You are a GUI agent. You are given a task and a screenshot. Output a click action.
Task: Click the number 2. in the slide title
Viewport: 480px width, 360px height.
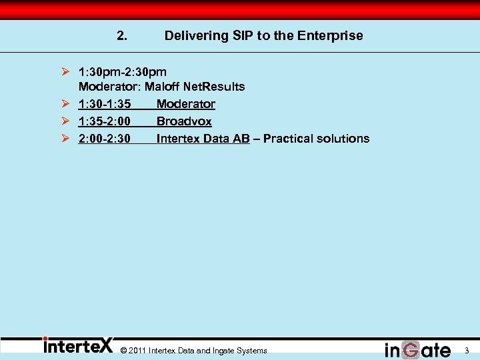point(122,36)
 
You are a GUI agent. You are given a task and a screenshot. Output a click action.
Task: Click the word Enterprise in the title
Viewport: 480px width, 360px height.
point(331,36)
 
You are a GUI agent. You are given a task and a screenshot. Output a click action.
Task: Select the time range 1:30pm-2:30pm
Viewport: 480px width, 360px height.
point(123,71)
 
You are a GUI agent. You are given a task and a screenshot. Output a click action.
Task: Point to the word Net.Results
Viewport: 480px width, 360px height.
point(214,87)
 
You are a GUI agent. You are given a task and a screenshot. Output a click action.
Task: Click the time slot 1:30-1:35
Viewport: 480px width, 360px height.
point(104,104)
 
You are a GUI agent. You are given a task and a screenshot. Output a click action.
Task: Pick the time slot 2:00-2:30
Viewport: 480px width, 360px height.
point(104,139)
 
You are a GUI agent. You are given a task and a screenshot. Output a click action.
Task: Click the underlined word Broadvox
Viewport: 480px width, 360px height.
point(184,121)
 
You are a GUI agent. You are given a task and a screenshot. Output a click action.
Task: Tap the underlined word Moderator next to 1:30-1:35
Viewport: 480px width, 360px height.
point(186,104)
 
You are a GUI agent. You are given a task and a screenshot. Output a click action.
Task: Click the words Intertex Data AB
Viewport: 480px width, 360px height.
point(203,139)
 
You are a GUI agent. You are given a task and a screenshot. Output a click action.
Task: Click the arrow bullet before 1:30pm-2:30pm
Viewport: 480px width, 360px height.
point(65,71)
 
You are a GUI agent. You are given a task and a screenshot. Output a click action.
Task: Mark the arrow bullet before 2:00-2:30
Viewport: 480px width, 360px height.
point(65,139)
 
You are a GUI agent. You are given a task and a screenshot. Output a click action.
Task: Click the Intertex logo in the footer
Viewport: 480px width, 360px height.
point(77,346)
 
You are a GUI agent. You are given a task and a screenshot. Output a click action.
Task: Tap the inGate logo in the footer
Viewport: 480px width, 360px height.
point(417,349)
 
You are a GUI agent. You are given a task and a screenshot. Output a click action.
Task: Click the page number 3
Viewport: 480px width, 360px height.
point(467,351)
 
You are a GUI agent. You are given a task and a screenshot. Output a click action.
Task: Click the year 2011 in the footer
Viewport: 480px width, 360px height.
point(137,351)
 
